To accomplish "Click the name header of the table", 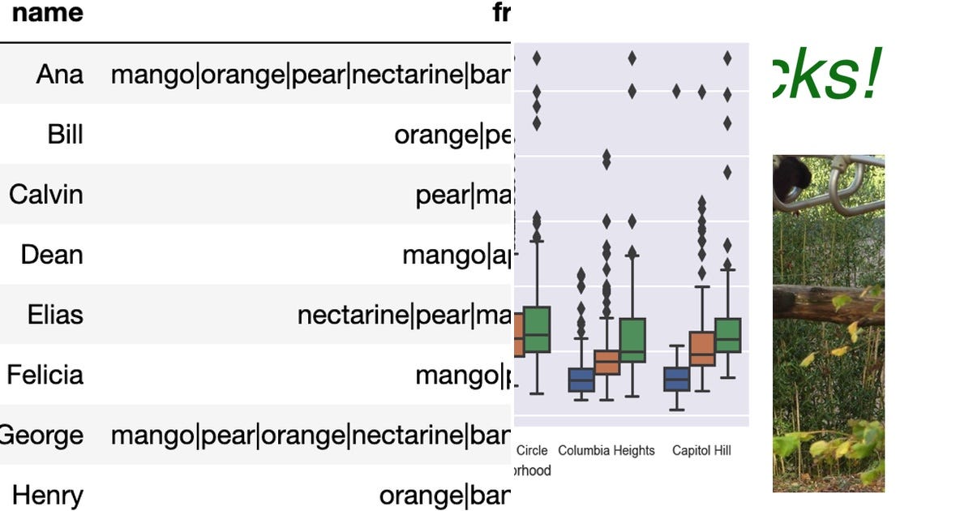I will (48, 14).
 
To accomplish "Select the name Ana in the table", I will (59, 75).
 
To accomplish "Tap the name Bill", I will (65, 135).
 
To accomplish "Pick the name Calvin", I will (46, 195).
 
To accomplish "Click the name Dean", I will (52, 255).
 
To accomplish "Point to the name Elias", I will (55, 315).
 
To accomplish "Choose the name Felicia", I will (45, 375).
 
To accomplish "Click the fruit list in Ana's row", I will (311, 75).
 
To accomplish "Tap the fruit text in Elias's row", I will (404, 315).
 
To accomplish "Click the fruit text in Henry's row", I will (445, 495).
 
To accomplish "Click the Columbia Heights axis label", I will (607, 450).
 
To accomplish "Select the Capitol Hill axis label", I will (702, 450).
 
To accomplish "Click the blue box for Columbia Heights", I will (581, 379).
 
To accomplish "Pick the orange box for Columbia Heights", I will (607, 362).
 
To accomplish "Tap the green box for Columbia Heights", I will (632, 340).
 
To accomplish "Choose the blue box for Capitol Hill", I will (676, 379).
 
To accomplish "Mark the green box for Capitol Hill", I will (728, 335).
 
